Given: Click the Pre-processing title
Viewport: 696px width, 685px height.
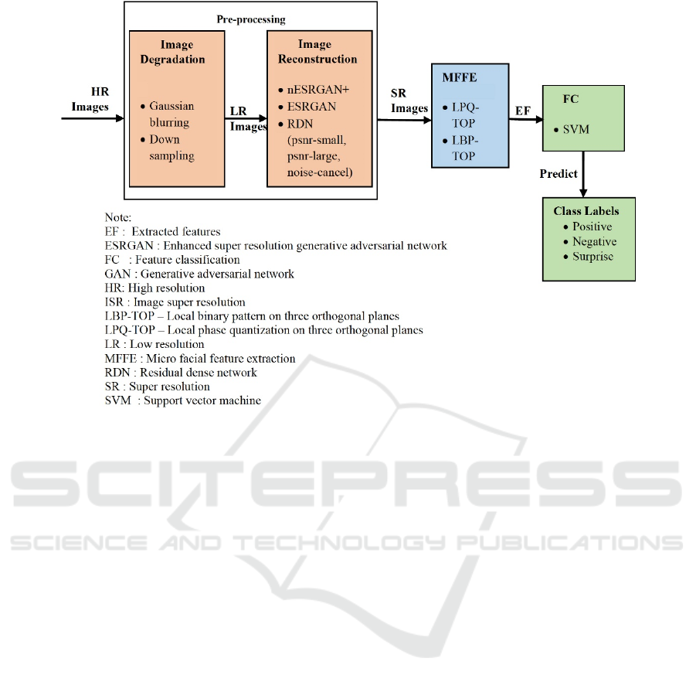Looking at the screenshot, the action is (x=251, y=19).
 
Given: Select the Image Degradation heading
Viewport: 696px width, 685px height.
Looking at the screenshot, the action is (x=173, y=52).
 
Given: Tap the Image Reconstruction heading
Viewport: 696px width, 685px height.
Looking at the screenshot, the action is (x=317, y=52).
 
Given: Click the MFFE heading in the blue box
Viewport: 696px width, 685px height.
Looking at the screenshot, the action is (x=460, y=78).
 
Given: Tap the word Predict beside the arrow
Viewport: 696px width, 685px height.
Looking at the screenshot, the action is (x=558, y=174).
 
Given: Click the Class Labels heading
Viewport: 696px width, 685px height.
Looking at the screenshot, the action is (x=586, y=211).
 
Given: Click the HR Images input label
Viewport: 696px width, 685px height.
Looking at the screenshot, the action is (x=90, y=99).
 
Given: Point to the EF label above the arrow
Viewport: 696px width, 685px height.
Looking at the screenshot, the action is (x=523, y=111).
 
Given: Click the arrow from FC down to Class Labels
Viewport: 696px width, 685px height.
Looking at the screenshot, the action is (x=583, y=174).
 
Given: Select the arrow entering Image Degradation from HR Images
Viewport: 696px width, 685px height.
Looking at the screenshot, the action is (x=93, y=118).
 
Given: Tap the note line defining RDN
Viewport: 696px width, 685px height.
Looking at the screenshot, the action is (x=181, y=373).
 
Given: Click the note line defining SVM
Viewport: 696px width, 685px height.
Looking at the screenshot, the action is (x=182, y=400).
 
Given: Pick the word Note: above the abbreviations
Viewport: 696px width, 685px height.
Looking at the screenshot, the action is (x=118, y=218).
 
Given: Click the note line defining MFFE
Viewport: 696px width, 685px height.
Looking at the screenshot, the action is (x=200, y=359).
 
